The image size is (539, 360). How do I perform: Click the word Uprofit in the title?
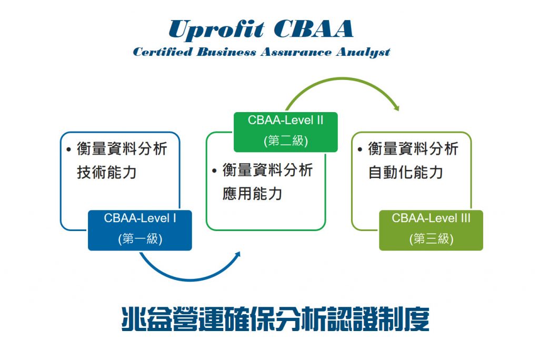pyautogui.click(x=216, y=30)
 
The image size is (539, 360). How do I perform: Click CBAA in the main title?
pyautogui.click(x=314, y=28)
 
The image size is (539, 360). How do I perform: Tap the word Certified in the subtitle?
pyautogui.click(x=163, y=52)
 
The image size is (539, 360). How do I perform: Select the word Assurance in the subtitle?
pyautogui.click(x=296, y=52)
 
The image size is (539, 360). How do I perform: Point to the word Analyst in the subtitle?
pyautogui.click(x=363, y=52)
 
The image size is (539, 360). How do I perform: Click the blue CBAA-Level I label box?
pyautogui.click(x=140, y=230)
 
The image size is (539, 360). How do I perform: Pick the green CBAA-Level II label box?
pyautogui.click(x=286, y=132)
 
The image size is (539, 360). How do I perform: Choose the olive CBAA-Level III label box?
pyautogui.click(x=431, y=230)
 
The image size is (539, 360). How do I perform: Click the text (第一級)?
pyautogui.click(x=140, y=238)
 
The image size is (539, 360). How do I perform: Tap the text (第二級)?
pyautogui.click(x=286, y=141)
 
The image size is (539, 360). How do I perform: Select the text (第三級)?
pyautogui.click(x=431, y=238)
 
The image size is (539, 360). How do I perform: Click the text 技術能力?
pyautogui.click(x=106, y=172)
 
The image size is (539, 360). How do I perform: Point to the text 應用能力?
pyautogui.click(x=252, y=194)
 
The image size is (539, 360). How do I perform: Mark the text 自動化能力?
pyautogui.click(x=405, y=172)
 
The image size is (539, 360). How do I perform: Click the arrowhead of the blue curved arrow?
pyautogui.click(x=237, y=255)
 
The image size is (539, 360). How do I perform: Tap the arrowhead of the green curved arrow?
pyautogui.click(x=396, y=107)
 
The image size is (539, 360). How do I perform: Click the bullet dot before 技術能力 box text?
pyautogui.click(x=69, y=149)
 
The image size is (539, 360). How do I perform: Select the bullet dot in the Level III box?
pyautogui.click(x=360, y=149)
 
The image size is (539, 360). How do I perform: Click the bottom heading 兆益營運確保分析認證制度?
pyautogui.click(x=275, y=319)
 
